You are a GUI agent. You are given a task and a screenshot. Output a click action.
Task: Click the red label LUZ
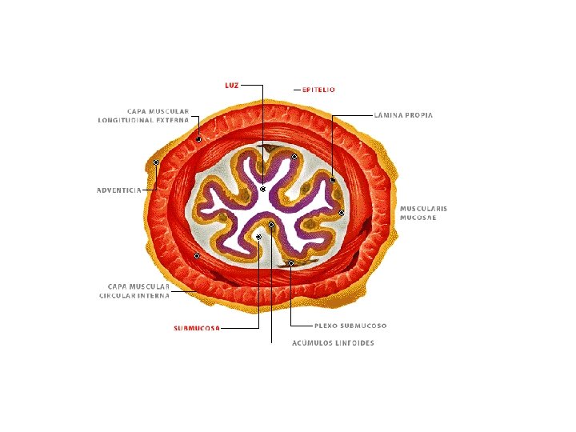tap(231, 84)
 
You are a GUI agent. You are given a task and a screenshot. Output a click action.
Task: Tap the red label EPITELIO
tap(318, 90)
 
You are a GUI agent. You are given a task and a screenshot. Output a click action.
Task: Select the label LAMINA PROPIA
tap(403, 115)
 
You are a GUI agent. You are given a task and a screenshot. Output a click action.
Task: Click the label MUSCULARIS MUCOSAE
tap(423, 213)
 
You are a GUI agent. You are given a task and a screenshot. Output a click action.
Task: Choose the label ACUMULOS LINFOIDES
tap(333, 343)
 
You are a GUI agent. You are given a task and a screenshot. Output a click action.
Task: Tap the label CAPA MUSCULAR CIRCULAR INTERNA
tap(134, 290)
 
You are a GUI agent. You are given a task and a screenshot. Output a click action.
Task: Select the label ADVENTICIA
tap(118, 190)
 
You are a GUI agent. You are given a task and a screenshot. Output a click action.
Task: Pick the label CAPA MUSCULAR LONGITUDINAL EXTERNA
tap(143, 115)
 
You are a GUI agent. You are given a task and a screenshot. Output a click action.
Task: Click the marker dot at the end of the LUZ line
tap(262, 189)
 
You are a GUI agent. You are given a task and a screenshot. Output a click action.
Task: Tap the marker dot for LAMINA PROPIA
tap(332, 180)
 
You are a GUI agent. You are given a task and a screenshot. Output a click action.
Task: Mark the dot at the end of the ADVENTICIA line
tap(156, 162)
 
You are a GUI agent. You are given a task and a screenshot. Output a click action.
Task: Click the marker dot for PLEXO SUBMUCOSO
tap(291, 262)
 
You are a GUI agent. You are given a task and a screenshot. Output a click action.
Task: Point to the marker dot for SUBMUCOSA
tap(258, 237)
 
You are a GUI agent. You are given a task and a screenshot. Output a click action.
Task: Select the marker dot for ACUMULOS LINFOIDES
tap(271, 225)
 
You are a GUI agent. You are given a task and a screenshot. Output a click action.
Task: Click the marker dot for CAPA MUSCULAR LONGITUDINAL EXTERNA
tap(198, 139)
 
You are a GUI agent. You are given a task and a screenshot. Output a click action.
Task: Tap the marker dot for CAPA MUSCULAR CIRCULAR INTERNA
tap(197, 256)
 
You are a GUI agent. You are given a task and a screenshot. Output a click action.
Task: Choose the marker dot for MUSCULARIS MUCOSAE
tap(342, 213)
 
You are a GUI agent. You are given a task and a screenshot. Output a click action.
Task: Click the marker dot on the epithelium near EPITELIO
tap(294, 157)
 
